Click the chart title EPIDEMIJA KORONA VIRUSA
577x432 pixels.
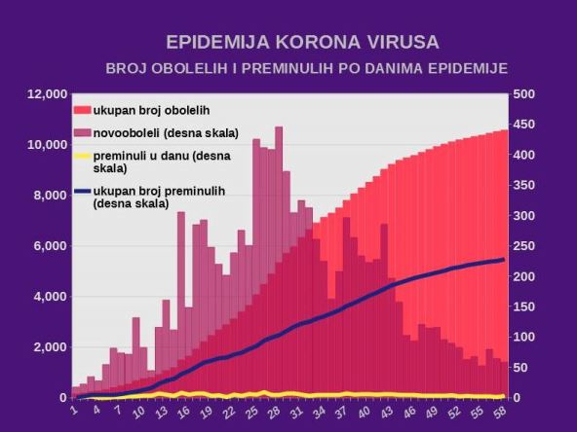tap(302, 43)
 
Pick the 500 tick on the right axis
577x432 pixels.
tap(523, 94)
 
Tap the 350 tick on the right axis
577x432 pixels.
tap(523, 185)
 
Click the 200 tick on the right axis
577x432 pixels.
tap(523, 276)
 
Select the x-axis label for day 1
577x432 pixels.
tap(73, 410)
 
